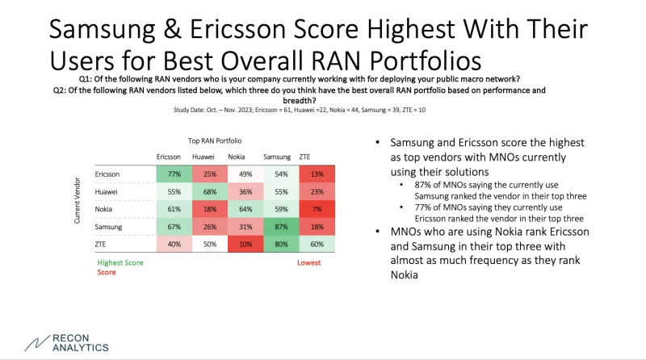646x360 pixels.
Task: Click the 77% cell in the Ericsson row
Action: (x=174, y=174)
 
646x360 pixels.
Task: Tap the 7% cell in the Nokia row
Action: (x=317, y=209)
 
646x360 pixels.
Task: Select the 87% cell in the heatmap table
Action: (x=281, y=227)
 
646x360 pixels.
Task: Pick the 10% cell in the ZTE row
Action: (x=245, y=244)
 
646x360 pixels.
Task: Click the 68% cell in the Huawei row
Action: (x=210, y=191)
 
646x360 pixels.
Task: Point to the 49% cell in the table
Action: (x=245, y=174)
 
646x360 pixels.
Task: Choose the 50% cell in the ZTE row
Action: (x=210, y=244)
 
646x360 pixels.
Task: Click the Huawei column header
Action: (x=203, y=157)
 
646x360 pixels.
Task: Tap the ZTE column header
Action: (x=304, y=157)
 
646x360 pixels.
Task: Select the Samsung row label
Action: (x=108, y=227)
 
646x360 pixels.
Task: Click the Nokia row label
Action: (x=103, y=209)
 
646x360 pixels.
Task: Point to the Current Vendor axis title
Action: (x=77, y=201)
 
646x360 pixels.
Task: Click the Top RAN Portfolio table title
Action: (x=215, y=141)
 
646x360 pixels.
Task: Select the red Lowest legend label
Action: (x=309, y=263)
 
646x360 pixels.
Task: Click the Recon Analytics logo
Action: (x=67, y=343)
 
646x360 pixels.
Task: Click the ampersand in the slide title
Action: (x=172, y=29)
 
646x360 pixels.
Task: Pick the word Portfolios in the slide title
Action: (x=426, y=61)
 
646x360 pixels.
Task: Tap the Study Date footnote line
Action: (x=300, y=110)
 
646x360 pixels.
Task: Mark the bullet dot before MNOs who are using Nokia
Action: (x=378, y=232)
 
